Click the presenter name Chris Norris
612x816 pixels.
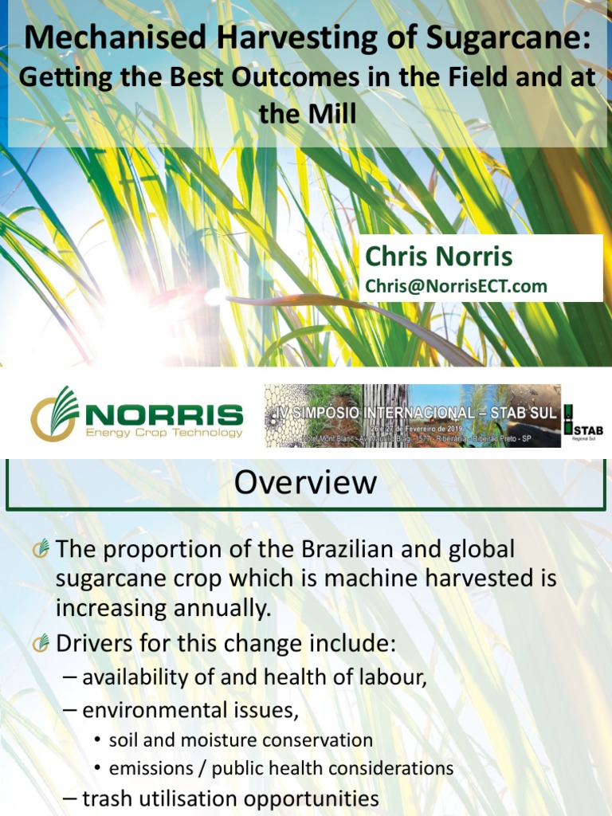tap(438, 257)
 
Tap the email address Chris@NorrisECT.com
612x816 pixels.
tap(456, 286)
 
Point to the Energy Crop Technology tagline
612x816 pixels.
tap(163, 433)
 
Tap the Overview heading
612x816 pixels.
tap(306, 482)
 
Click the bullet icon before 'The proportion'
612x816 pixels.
tap(41, 548)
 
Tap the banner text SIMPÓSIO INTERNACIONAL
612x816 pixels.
tap(402, 414)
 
